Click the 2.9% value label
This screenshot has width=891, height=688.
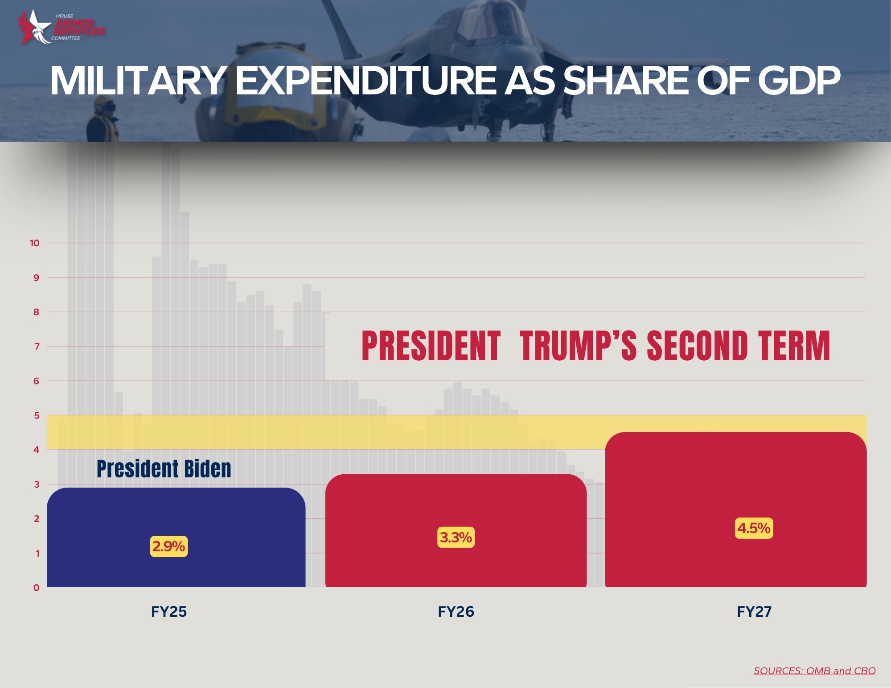click(x=168, y=546)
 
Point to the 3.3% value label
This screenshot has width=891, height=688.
click(x=456, y=537)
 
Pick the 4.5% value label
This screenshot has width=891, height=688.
click(x=754, y=528)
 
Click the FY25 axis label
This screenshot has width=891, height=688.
click(x=168, y=611)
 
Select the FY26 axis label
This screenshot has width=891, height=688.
click(x=456, y=611)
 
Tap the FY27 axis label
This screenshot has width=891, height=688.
click(x=754, y=611)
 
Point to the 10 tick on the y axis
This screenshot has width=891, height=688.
click(x=34, y=243)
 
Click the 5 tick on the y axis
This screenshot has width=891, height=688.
click(x=37, y=415)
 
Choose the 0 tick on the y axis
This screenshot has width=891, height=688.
click(x=37, y=588)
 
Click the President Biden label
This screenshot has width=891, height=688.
click(x=164, y=469)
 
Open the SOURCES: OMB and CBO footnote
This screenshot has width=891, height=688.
click(x=814, y=671)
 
